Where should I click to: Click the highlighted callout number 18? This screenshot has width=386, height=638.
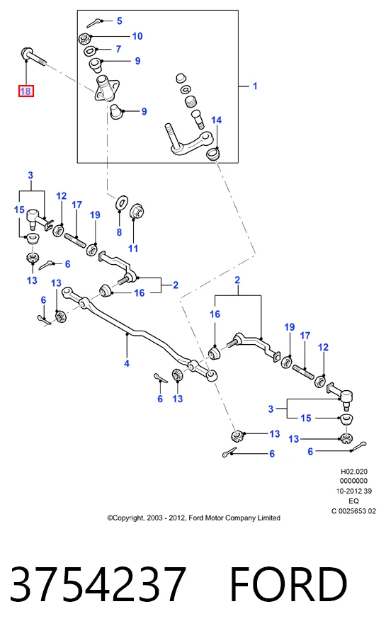(x=25, y=91)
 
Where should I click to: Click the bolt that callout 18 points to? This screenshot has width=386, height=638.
(x=33, y=57)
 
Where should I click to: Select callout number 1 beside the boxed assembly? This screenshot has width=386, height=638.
(x=255, y=86)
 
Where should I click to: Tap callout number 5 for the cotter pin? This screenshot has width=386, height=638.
(x=119, y=21)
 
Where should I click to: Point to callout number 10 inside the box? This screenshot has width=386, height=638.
(x=137, y=36)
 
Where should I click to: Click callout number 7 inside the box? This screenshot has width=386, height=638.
(x=118, y=49)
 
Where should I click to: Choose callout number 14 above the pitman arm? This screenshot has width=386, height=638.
(x=216, y=120)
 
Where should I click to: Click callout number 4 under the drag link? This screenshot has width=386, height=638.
(x=127, y=363)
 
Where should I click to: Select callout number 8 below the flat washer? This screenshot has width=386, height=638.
(x=119, y=232)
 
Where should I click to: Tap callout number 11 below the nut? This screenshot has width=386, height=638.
(x=133, y=249)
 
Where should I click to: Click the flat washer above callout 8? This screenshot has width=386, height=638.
(x=122, y=202)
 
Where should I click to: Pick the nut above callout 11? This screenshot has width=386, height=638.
(x=137, y=212)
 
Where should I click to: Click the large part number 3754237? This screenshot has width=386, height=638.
(x=98, y=583)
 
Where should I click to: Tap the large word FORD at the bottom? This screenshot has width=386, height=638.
(x=289, y=584)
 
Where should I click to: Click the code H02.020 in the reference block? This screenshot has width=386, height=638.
(x=354, y=472)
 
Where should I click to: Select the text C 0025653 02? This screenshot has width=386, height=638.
(x=353, y=511)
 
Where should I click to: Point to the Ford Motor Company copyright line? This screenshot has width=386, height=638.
(x=194, y=518)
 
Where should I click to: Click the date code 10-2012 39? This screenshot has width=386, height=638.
(x=353, y=491)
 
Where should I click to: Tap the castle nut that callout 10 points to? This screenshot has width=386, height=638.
(x=84, y=39)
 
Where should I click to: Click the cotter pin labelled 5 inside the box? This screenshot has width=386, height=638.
(x=94, y=23)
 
